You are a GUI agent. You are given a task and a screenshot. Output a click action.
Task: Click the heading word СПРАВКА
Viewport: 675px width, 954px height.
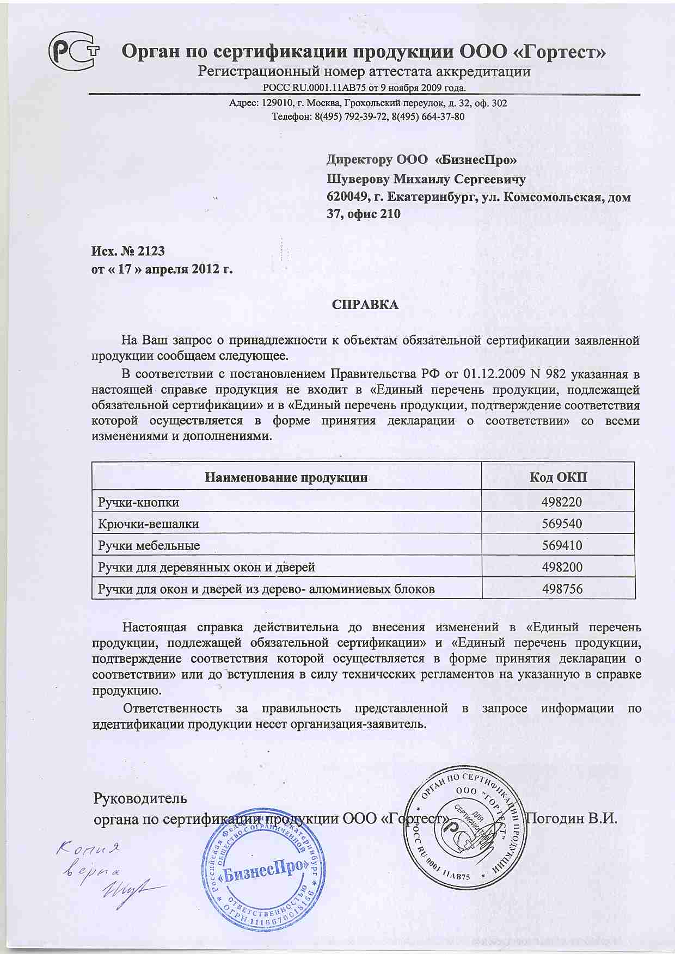point(365,305)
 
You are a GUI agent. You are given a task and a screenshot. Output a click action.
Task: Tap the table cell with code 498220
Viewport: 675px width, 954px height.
point(561,502)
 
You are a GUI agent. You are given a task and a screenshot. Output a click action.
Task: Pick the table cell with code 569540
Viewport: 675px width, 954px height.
point(561,524)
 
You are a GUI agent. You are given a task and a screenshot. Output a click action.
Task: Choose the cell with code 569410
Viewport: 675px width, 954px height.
point(561,545)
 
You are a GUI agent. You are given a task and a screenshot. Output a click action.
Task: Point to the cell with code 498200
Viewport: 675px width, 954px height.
point(561,567)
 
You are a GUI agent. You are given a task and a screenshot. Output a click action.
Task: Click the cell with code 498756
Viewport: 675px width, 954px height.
point(561,589)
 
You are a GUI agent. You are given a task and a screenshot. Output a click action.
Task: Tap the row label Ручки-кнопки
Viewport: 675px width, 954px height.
point(138,502)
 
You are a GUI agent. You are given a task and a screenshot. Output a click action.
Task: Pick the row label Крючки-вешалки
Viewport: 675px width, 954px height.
point(148,524)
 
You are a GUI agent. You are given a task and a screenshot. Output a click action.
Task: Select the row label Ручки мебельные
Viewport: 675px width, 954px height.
point(149,545)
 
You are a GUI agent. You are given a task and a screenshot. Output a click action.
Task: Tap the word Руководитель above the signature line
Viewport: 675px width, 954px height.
point(140,798)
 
